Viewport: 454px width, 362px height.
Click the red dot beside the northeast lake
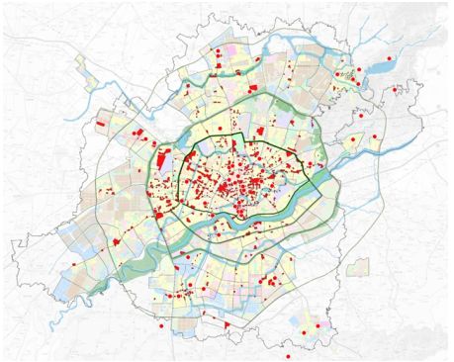390,59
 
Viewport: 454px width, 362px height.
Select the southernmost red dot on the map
287,355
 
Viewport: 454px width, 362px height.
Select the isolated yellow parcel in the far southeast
312,327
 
